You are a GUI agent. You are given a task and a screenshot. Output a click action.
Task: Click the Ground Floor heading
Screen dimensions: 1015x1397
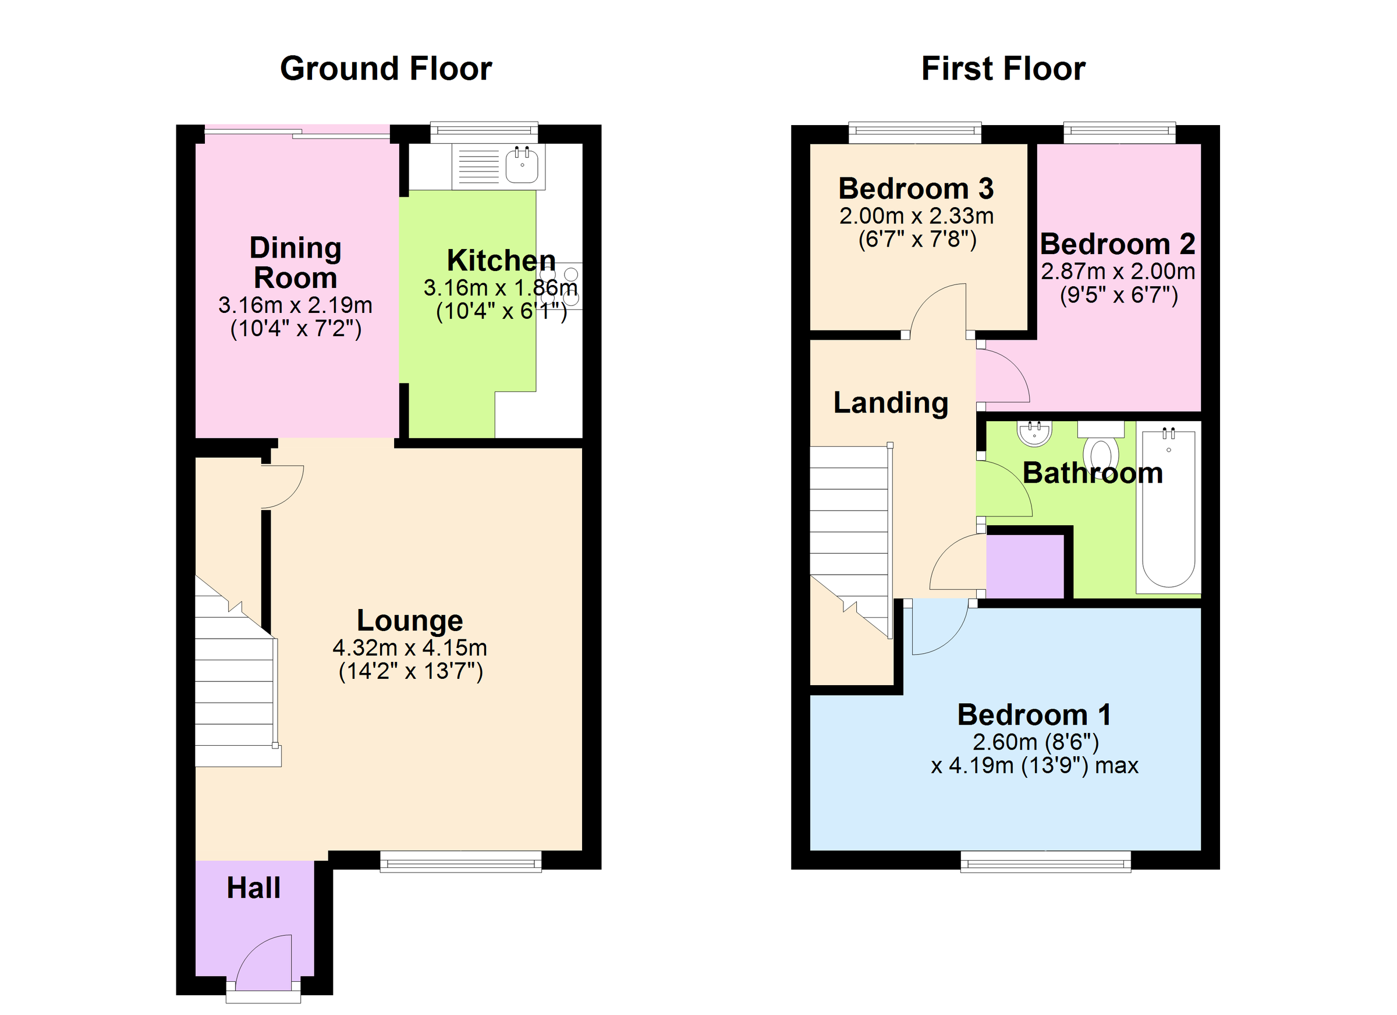point(385,68)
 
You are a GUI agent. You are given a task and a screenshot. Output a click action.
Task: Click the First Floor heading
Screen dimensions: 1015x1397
point(1003,68)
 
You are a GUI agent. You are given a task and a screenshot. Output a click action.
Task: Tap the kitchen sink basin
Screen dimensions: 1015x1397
point(522,165)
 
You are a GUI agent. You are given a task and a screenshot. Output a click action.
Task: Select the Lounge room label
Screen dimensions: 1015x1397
point(410,621)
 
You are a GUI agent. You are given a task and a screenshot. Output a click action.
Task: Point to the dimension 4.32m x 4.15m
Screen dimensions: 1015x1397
point(410,647)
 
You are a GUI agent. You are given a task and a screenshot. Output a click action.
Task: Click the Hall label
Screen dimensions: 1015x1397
point(253,888)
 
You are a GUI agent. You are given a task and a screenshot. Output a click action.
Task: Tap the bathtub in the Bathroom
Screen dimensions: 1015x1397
point(1168,510)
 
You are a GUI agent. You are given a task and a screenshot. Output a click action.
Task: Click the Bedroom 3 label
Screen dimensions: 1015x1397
point(916,188)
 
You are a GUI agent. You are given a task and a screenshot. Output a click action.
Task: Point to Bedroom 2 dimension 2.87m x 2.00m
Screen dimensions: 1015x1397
point(1118,272)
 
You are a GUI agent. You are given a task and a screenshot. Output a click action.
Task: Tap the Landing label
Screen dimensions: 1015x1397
point(891,403)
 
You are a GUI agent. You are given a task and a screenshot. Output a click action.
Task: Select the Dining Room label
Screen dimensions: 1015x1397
point(296,263)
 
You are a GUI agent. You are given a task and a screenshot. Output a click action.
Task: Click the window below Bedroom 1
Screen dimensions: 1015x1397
point(1045,863)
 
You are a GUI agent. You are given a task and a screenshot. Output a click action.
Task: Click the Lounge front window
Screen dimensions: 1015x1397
point(461,863)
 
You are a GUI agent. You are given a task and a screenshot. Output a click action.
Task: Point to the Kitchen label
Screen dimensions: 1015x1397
point(501,261)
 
